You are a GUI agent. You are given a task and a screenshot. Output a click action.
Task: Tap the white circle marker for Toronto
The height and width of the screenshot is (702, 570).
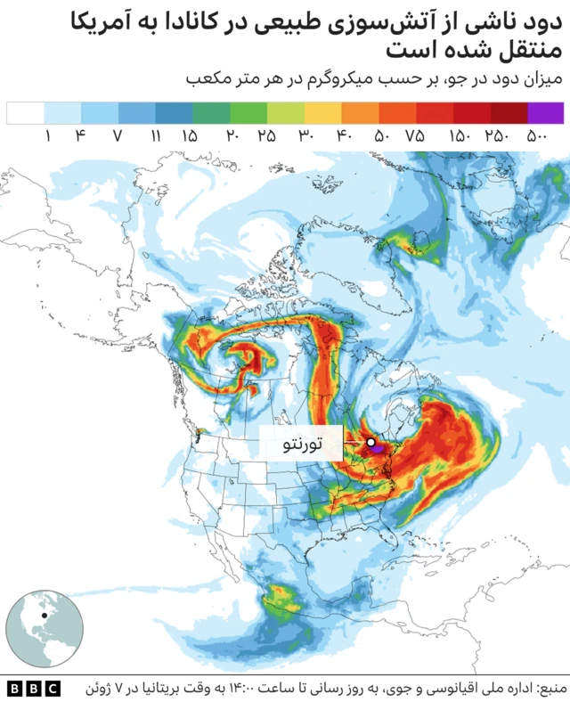(370, 442)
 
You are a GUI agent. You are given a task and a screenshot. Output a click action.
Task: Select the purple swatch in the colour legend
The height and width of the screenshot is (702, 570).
(545, 113)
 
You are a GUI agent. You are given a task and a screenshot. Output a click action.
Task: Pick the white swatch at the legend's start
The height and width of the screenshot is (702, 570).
(25, 113)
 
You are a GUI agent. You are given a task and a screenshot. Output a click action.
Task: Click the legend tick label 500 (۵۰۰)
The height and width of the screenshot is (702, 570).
(536, 136)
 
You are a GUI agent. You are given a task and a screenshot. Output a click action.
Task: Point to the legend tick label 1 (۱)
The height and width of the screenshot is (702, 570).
(45, 136)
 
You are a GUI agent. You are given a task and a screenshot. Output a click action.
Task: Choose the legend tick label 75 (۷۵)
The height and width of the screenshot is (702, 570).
(415, 136)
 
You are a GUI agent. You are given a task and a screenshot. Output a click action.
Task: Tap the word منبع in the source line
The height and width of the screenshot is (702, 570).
(549, 688)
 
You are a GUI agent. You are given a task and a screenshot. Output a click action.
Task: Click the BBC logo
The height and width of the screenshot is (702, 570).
(33, 688)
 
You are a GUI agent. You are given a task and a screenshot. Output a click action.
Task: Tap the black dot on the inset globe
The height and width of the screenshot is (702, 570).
(43, 615)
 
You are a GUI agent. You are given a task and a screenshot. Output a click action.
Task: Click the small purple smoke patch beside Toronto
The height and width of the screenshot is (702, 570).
(379, 451)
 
